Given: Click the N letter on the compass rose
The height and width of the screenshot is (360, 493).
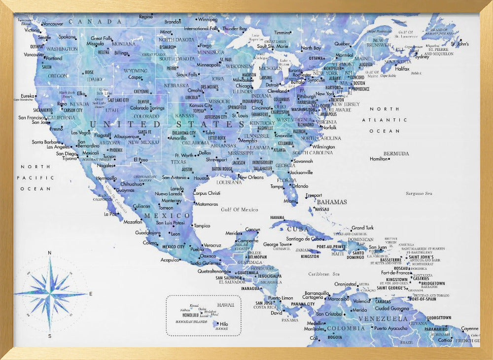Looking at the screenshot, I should tap(49, 253).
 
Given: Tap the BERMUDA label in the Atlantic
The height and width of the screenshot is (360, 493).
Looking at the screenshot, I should tap(396, 153).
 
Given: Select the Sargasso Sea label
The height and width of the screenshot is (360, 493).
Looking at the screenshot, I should tap(419, 194).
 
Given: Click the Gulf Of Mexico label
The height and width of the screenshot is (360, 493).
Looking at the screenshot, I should tap(240, 210).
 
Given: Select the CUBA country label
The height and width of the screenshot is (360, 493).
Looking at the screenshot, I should tap(297, 229).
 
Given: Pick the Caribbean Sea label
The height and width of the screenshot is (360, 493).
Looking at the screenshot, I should tap(324, 274).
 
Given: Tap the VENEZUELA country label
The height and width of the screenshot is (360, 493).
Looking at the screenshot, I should tap(383, 319).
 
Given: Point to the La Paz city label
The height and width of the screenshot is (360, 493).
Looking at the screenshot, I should tap(110, 214).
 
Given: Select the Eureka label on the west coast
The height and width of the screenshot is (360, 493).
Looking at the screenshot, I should tap(27, 96).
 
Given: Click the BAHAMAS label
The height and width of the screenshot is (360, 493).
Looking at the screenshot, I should tap(332, 202).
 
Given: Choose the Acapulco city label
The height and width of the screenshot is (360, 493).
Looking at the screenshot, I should tap(170, 260).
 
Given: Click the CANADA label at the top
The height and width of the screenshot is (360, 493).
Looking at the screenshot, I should tap(96, 22).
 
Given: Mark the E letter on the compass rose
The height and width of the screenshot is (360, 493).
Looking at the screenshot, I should tap(91, 294).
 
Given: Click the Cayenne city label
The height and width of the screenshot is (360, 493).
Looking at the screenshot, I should tap(469, 328).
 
